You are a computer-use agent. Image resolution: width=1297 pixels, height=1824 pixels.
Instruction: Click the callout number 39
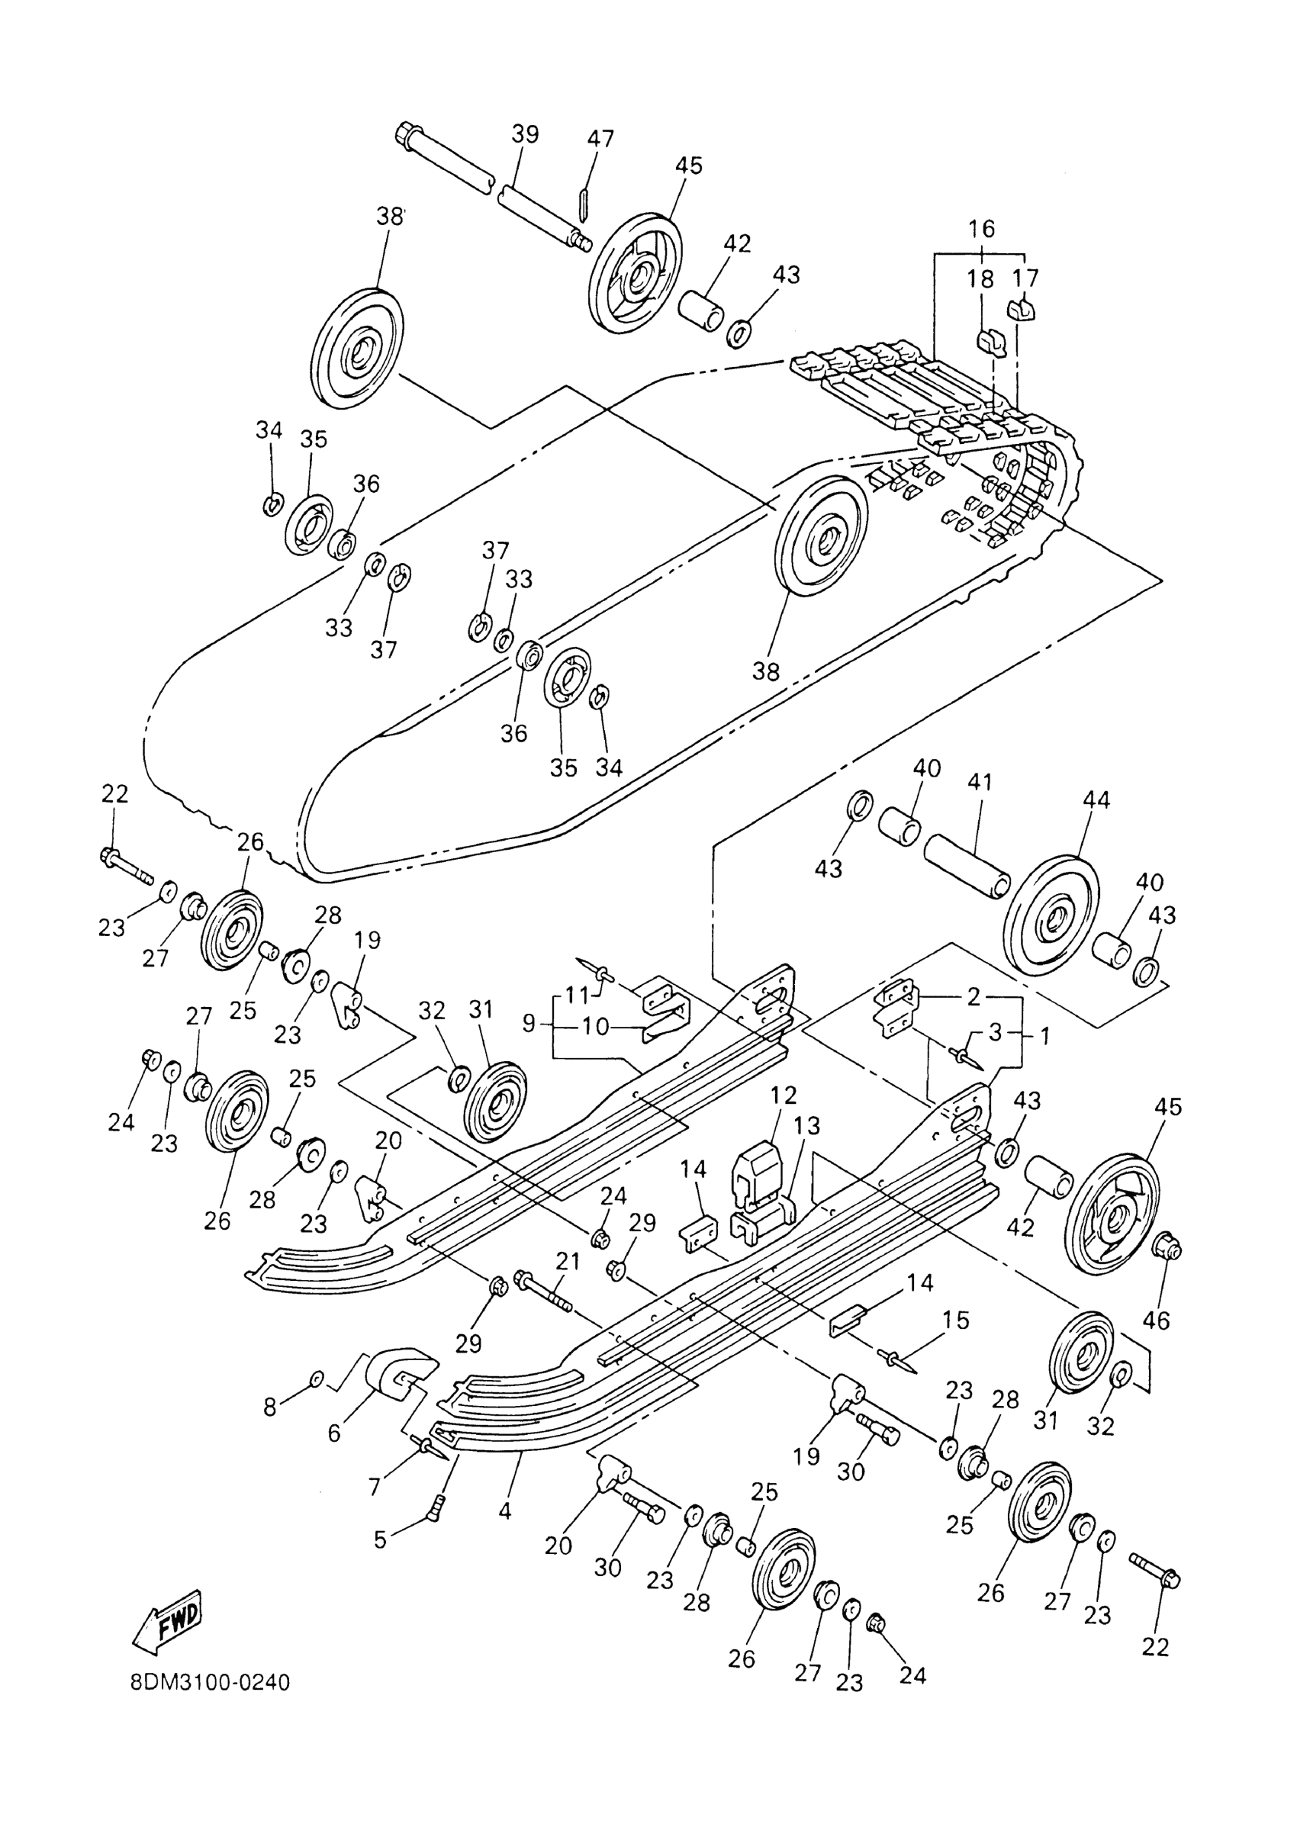(x=526, y=134)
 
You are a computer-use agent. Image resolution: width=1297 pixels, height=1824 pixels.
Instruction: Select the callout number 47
(x=600, y=139)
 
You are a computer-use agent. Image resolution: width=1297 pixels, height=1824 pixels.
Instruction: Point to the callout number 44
(x=1095, y=799)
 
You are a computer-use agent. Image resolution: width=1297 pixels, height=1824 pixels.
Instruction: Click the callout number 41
(x=980, y=782)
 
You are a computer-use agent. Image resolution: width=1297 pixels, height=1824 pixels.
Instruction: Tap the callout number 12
(x=784, y=1095)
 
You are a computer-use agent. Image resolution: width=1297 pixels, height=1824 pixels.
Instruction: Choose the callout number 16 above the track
(x=982, y=228)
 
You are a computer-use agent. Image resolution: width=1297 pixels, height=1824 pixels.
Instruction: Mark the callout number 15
(x=956, y=1320)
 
